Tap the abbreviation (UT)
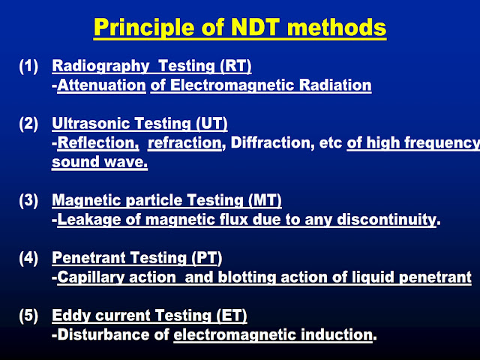pyautogui.click(x=209, y=124)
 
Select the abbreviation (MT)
pyautogui.click(x=263, y=200)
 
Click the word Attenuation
pyautogui.click(x=101, y=85)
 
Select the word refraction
pyautogui.click(x=185, y=143)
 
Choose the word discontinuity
pyautogui.click(x=390, y=220)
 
